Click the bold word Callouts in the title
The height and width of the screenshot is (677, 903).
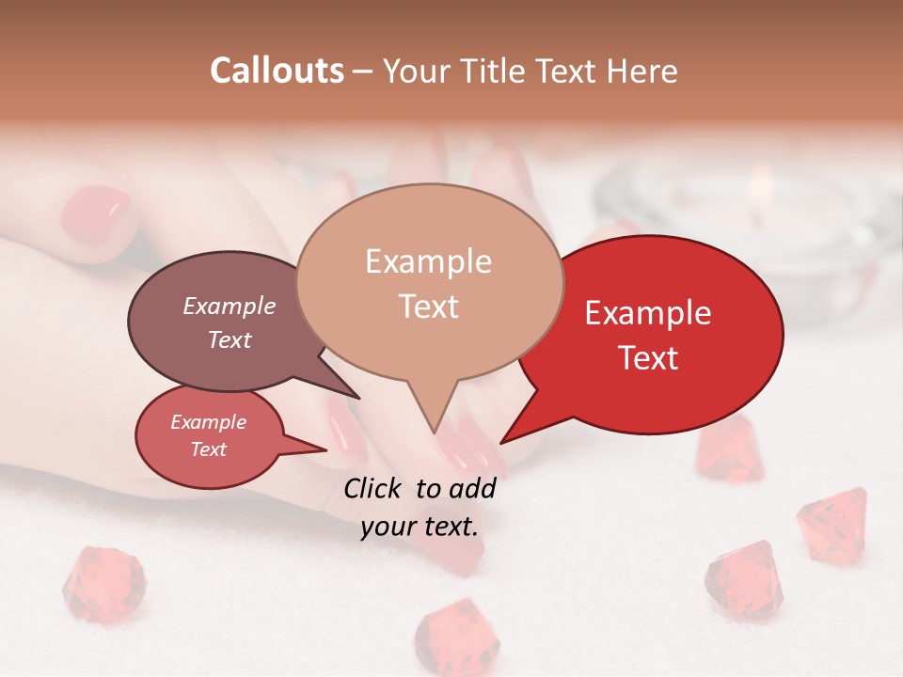[x=277, y=71]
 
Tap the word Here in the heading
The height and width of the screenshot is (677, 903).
[x=642, y=71]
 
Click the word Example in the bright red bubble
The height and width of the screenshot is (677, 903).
[x=648, y=313]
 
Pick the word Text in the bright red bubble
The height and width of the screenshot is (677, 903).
[x=649, y=358]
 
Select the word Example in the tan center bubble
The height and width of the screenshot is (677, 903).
[x=428, y=261]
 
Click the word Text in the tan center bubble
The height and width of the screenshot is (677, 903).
[x=429, y=307]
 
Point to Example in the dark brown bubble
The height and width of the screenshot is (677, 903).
[x=230, y=306]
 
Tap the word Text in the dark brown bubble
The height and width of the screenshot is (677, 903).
[x=230, y=339]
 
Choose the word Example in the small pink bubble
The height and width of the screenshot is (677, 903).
[x=209, y=422]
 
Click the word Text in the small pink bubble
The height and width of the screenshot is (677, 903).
[x=209, y=449]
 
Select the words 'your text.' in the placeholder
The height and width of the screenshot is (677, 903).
[x=420, y=527]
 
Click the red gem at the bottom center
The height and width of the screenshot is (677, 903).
[x=451, y=633]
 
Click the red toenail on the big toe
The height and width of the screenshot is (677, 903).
[x=96, y=211]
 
